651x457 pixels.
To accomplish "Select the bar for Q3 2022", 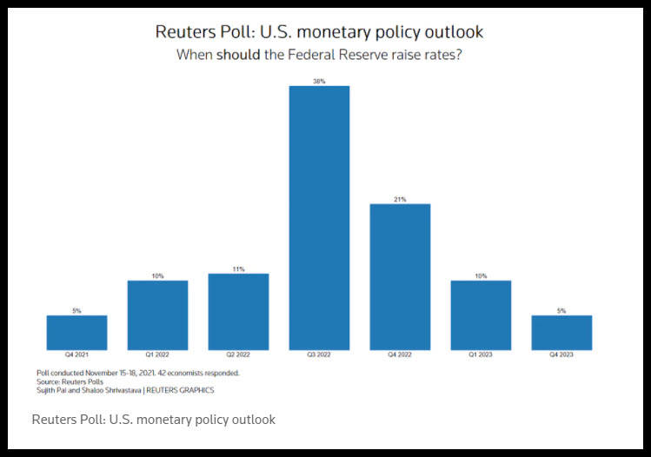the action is (319, 218).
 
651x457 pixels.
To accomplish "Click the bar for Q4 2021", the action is (76, 333).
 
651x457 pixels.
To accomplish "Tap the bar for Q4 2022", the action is (400, 277).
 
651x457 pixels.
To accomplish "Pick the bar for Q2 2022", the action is (238, 312).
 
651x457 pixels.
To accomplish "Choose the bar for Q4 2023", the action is (561, 333).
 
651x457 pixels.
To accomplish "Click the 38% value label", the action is (319, 82).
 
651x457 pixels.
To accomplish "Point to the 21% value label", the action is (400, 199).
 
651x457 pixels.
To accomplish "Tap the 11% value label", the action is (239, 269).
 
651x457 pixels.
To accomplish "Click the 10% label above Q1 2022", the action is (158, 276).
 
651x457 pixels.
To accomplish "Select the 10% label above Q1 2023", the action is (482, 276).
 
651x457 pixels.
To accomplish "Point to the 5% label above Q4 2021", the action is (76, 311).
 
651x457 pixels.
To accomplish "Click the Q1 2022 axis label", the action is (157, 354).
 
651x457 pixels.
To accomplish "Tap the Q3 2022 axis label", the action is (319, 354).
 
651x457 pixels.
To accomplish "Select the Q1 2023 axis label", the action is (481, 354).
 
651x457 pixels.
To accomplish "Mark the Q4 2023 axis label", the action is (561, 354).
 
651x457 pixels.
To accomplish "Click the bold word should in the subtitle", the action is (238, 55).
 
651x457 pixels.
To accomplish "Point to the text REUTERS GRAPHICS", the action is (180, 390).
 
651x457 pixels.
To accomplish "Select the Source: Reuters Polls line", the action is (70, 381).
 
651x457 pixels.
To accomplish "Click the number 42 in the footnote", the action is (162, 373).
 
